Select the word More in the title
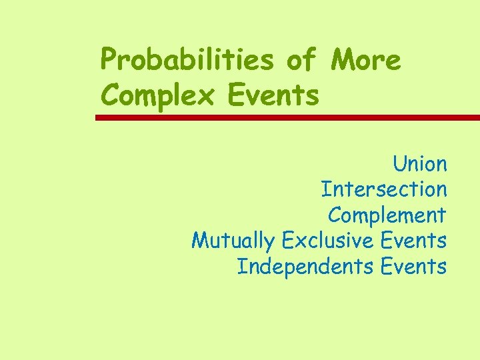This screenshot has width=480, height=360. click(366, 61)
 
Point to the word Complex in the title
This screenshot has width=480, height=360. click(158, 95)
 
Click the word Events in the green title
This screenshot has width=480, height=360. click(273, 95)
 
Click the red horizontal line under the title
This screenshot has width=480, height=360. click(287, 117)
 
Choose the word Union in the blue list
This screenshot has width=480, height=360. click(419, 163)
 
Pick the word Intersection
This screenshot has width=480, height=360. click(383, 189)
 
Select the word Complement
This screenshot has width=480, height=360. click(387, 215)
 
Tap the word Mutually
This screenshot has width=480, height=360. click(233, 240)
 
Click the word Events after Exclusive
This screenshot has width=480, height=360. click(413, 240)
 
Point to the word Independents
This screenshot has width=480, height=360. click(305, 267)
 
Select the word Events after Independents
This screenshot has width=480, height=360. click(413, 267)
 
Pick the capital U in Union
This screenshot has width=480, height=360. click(399, 163)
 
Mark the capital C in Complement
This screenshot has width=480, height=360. click(335, 215)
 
